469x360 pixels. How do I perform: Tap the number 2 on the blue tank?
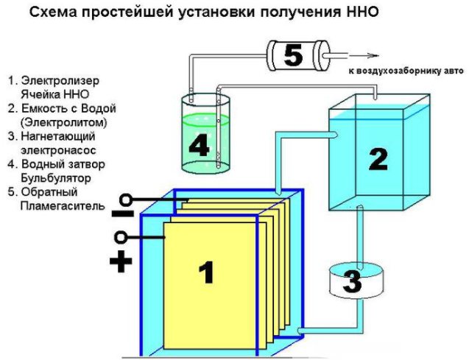(376, 158)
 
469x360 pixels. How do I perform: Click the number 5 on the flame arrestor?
(293, 55)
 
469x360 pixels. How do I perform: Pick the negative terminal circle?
(127, 200)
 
